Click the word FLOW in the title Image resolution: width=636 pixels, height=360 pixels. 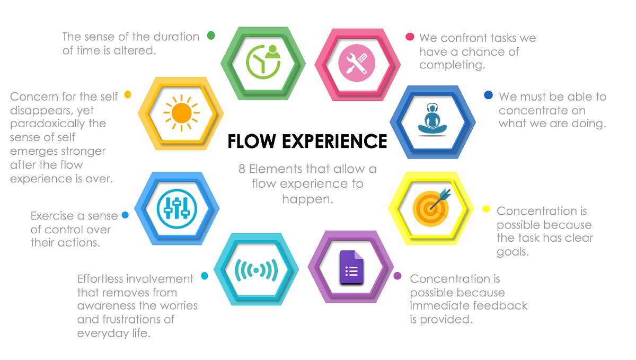point(252,141)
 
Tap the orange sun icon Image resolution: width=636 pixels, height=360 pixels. point(181,113)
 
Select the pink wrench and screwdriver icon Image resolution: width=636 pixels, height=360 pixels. point(357,63)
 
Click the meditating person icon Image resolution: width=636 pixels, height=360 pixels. point(432,120)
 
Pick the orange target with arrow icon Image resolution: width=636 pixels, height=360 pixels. point(431,208)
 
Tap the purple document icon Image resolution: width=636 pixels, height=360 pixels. point(351,267)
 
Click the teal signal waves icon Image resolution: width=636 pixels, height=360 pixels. point(256,270)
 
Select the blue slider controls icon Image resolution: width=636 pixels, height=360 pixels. point(176,209)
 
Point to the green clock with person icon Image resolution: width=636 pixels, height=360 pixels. point(263,62)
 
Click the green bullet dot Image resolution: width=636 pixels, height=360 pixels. point(211,36)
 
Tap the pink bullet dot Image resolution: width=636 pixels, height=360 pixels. point(410,37)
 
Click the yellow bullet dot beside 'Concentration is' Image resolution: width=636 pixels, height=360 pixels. point(486,209)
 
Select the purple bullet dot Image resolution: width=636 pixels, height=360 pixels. point(397,276)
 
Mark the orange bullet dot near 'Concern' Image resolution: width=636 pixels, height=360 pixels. point(128,94)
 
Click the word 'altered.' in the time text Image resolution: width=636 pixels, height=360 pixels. point(135,50)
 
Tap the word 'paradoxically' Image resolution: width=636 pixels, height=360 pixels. point(58,124)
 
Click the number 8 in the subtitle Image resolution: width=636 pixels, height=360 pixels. point(242,169)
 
